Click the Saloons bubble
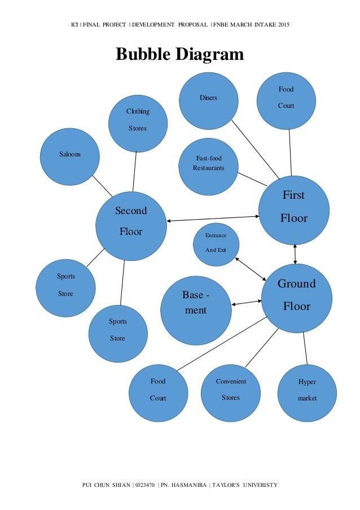click(x=70, y=156)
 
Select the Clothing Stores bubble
click(x=138, y=123)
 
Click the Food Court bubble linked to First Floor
click(x=286, y=100)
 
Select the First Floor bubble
click(x=293, y=210)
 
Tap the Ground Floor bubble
click(x=297, y=297)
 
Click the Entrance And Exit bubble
click(x=216, y=245)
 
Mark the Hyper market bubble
click(x=307, y=393)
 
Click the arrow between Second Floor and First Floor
click(x=213, y=218)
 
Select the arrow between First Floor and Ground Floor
click(x=295, y=254)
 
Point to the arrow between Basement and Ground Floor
click(x=247, y=304)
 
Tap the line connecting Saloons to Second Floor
click(x=103, y=184)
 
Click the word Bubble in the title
click(x=143, y=54)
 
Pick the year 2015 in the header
click(x=280, y=25)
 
